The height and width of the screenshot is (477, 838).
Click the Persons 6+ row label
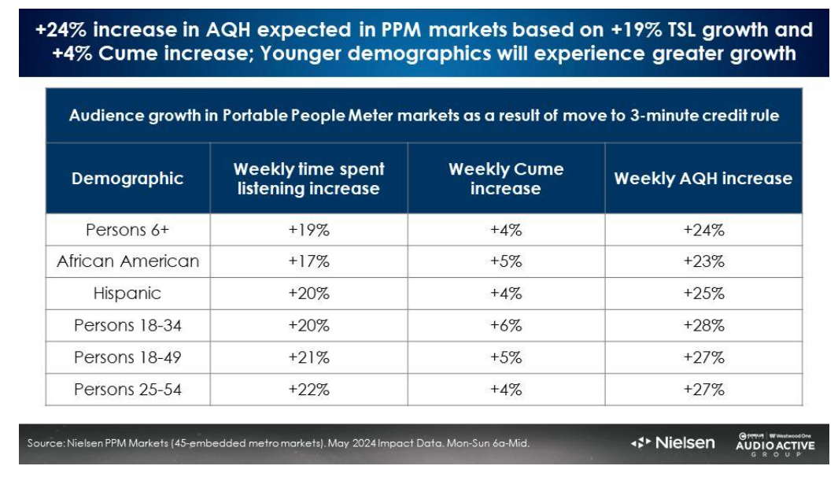pyautogui.click(x=127, y=230)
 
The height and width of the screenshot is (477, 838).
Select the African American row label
pyautogui.click(x=127, y=261)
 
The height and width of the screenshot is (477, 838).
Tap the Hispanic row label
pyautogui.click(x=127, y=294)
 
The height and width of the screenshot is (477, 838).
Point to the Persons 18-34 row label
pyautogui.click(x=127, y=325)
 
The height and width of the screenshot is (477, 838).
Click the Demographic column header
pyautogui.click(x=127, y=178)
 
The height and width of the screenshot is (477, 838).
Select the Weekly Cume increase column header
pyautogui.click(x=506, y=178)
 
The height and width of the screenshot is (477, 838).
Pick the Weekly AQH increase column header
pyautogui.click(x=703, y=178)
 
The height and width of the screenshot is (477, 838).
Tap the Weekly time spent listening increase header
pyautogui.click(x=308, y=178)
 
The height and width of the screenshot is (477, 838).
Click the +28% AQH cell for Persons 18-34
pyautogui.click(x=703, y=325)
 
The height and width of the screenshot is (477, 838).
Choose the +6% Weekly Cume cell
pyautogui.click(x=506, y=325)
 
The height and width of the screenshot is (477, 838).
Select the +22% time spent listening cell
pyautogui.click(x=308, y=389)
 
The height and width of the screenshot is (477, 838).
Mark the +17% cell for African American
pyautogui.click(x=308, y=261)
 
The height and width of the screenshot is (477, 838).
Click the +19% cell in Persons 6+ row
pyautogui.click(x=308, y=230)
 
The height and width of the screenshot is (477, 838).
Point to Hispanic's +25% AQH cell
pyautogui.click(x=703, y=294)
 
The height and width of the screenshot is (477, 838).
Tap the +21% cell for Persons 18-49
pyautogui.click(x=308, y=357)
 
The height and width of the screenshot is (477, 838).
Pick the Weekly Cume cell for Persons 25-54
pyautogui.click(x=506, y=389)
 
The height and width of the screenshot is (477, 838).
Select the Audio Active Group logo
pyautogui.click(x=775, y=444)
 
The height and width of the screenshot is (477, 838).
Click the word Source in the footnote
pyautogui.click(x=44, y=443)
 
